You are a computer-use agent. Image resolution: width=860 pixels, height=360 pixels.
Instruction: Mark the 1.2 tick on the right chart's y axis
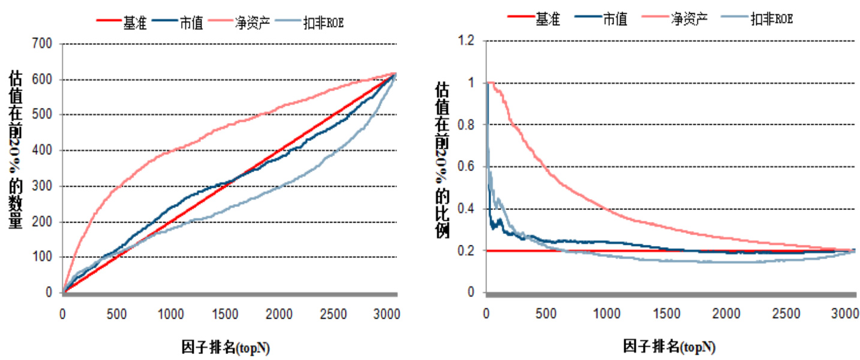click(466, 41)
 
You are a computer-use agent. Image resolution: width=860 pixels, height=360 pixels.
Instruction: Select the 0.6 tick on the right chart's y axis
click(466, 167)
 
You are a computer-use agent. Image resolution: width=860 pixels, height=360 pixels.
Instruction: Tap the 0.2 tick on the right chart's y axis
click(466, 251)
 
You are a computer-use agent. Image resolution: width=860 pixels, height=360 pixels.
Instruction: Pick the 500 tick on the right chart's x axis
click(546, 314)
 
